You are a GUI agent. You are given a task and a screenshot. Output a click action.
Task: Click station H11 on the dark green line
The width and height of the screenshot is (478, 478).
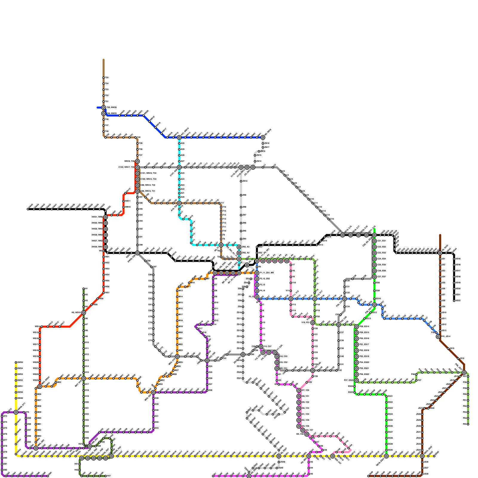pyautogui.click(x=84, y=348)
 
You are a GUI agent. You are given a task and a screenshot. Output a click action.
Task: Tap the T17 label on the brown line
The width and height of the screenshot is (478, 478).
pyautogui.click(x=222, y=203)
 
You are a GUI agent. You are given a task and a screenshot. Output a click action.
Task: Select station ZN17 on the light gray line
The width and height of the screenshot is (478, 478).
pyautogui.click(x=263, y=147)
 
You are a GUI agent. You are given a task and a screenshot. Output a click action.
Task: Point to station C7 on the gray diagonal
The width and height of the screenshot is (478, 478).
pyautogui.click(x=297, y=187)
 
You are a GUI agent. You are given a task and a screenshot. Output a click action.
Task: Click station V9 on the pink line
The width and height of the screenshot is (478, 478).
pyautogui.click(x=291, y=277)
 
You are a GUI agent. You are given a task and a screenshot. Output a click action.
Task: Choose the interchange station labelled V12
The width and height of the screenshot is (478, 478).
pyautogui.click(x=291, y=299)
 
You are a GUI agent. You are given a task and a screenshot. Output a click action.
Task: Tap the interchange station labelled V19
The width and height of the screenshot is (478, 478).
pyautogui.click(x=312, y=323)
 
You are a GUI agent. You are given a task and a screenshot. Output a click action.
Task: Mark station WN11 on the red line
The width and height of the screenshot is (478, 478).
pyautogui.click(x=123, y=201)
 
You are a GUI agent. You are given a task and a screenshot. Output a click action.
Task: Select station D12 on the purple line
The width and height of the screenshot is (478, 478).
pyautogui.click(x=213, y=315)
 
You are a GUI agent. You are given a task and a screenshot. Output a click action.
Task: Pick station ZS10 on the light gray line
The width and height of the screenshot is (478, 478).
pyautogui.click(x=243, y=312)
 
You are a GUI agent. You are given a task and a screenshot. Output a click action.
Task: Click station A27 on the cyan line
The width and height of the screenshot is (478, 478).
pyautogui.click(x=179, y=161)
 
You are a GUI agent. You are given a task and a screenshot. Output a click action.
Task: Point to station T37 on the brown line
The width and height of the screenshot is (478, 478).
pyautogui.click(x=137, y=155)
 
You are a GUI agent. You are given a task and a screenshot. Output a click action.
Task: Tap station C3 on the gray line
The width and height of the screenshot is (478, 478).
pyautogui.click(x=281, y=171)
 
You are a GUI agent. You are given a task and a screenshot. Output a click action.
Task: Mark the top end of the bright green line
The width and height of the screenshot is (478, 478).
pyautogui.click(x=374, y=229)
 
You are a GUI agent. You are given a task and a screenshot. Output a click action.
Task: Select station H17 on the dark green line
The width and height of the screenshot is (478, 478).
pyautogui.click(x=84, y=384)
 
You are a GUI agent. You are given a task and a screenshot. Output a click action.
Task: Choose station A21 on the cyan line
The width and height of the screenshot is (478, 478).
pyautogui.click(x=179, y=193)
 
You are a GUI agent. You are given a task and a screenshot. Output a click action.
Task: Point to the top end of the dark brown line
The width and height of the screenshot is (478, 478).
pyautogui.click(x=440, y=235)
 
